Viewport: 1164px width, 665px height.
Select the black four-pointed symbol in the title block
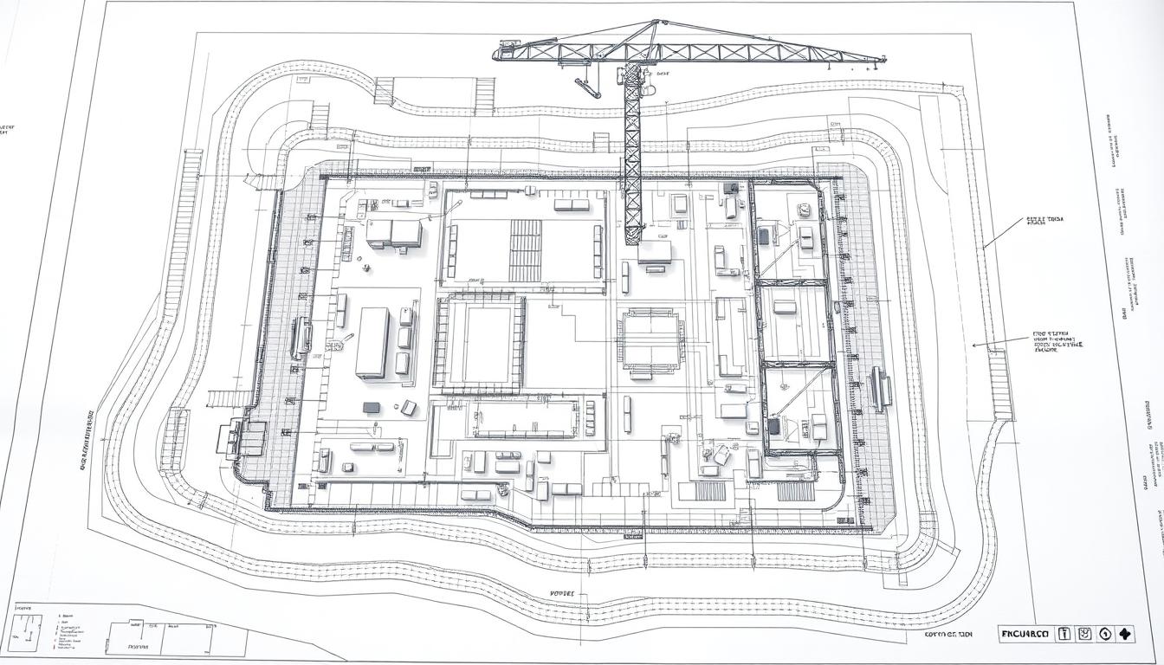tap(1126, 634)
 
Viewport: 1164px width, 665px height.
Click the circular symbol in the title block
tap(1105, 634)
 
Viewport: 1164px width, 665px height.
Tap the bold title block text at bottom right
tap(1025, 634)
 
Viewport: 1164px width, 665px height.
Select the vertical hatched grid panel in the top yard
tap(525, 249)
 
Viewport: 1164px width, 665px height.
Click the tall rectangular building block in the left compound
tap(372, 342)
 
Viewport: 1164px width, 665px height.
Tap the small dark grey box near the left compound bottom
tap(371, 407)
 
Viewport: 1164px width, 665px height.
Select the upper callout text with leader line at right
tap(1044, 222)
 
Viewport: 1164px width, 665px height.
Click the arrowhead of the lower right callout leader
tap(974, 345)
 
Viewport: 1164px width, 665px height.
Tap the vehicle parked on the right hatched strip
tap(882, 388)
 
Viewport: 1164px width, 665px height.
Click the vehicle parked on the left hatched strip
tap(301, 338)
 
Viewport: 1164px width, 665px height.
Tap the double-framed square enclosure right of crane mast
tap(650, 340)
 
